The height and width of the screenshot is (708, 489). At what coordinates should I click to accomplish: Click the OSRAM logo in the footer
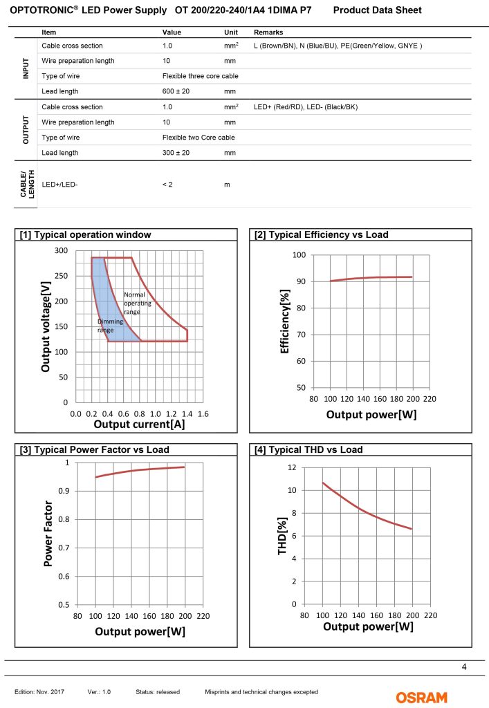pos(421,697)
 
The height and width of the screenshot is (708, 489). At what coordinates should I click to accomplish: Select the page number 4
pos(463,667)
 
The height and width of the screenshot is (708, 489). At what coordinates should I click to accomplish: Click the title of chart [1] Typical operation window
pos(85,235)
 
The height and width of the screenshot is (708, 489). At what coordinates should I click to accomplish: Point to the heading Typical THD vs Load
pos(308,450)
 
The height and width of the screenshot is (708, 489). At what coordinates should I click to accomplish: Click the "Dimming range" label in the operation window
pos(106,326)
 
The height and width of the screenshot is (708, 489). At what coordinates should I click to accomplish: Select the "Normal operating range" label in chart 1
pos(134,303)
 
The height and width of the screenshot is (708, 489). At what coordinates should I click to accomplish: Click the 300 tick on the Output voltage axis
pos(62,250)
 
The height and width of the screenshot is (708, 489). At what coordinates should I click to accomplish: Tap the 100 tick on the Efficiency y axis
pos(299,255)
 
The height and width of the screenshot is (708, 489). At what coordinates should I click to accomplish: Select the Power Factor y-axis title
pos(48,534)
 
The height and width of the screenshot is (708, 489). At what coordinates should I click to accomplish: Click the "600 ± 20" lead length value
pos(176,91)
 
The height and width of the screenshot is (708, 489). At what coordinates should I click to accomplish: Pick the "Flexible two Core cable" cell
pos(199,138)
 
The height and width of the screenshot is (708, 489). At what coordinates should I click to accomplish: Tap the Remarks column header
pos(268,32)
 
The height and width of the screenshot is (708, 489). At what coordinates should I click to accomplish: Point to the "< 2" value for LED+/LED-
pos(168,185)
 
